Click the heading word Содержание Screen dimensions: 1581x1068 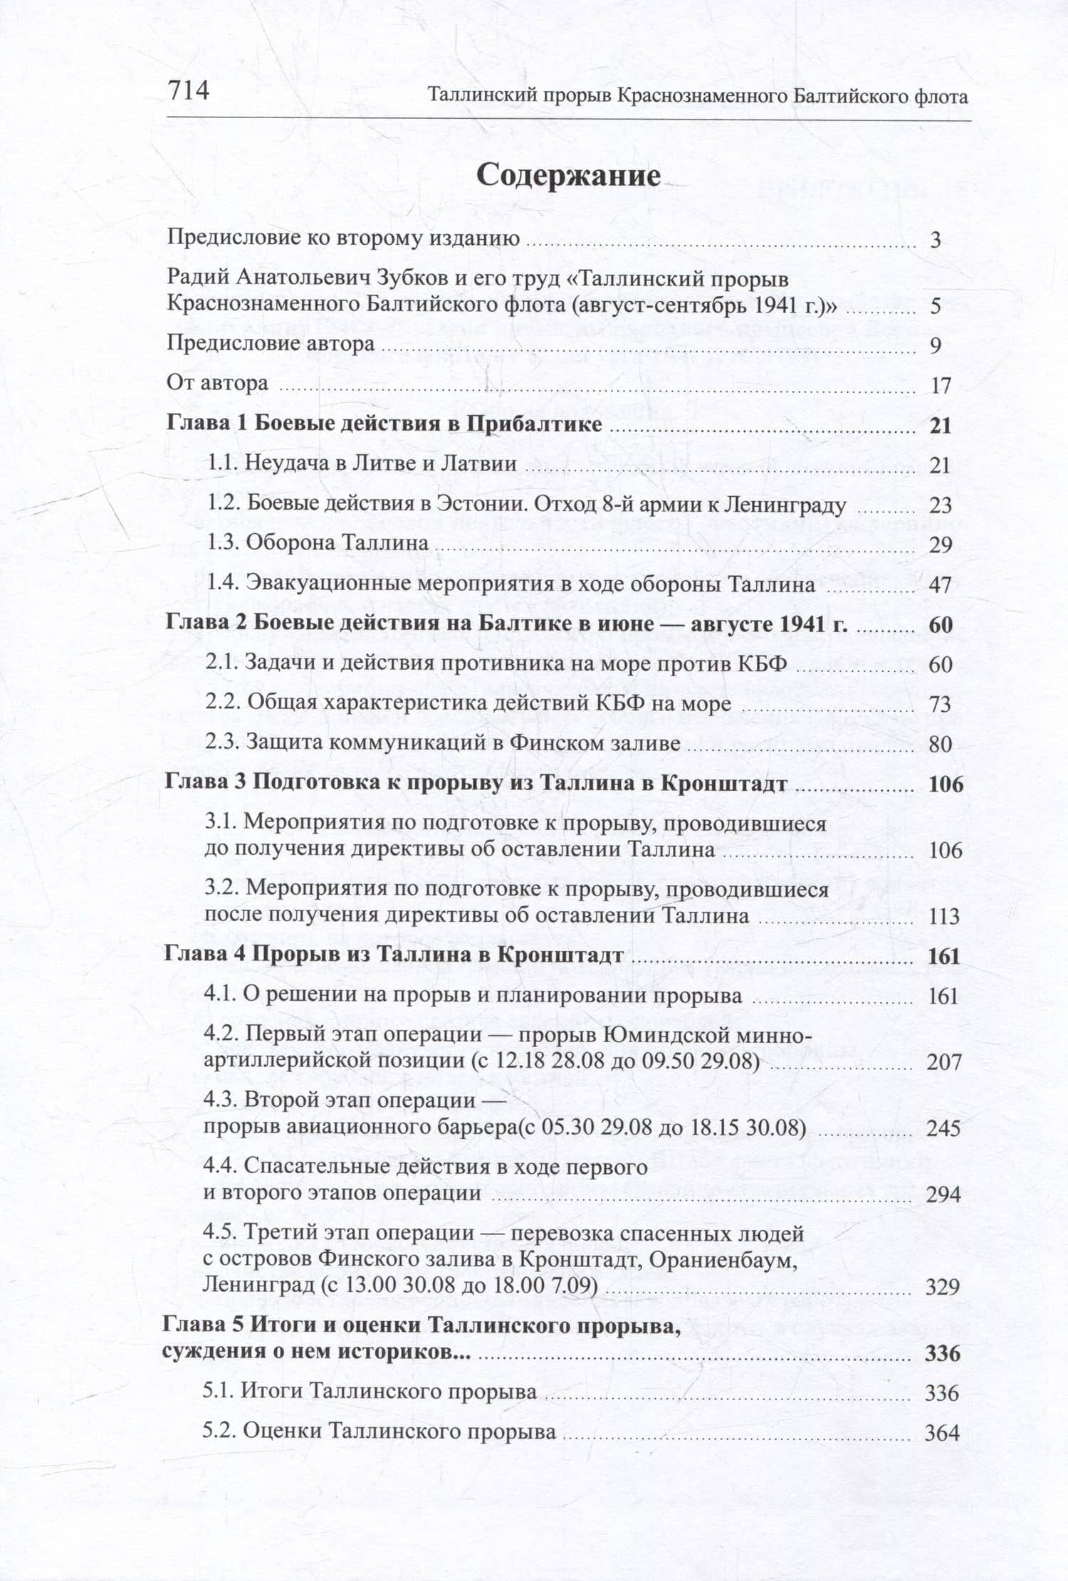click(568, 175)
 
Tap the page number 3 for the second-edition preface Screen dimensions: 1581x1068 click(936, 240)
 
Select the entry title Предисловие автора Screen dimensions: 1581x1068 click(271, 344)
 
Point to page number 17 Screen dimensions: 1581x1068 click(941, 386)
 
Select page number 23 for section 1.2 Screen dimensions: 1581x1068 click(940, 505)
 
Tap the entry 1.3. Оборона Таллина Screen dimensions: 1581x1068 click(318, 544)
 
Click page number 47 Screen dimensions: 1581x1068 click(940, 585)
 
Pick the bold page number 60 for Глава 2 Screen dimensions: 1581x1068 click(940, 625)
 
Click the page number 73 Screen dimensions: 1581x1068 click(940, 705)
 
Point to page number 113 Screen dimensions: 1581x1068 click(944, 916)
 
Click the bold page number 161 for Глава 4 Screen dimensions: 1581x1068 click(944, 956)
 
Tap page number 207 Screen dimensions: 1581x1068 click(944, 1062)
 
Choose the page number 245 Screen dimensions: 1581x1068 click(944, 1128)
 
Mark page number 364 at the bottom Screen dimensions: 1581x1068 click(942, 1433)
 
